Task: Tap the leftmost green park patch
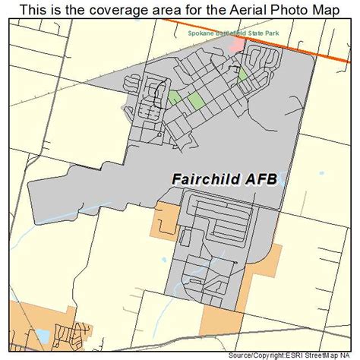tap(174, 96)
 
